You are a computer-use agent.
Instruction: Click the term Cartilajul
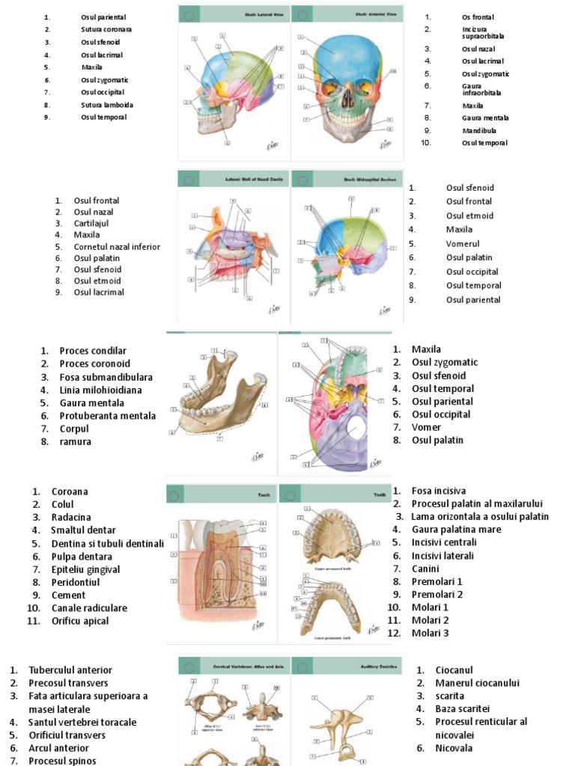93,223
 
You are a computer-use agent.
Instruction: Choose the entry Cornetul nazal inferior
117,246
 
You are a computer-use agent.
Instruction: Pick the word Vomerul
463,244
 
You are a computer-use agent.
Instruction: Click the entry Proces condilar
93,350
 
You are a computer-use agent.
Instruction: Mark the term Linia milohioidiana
100,390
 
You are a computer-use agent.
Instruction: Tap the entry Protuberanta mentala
107,416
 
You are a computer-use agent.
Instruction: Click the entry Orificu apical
79,621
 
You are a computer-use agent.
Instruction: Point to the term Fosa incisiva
438,491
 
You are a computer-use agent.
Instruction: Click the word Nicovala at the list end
454,748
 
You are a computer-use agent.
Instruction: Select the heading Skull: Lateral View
247,13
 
